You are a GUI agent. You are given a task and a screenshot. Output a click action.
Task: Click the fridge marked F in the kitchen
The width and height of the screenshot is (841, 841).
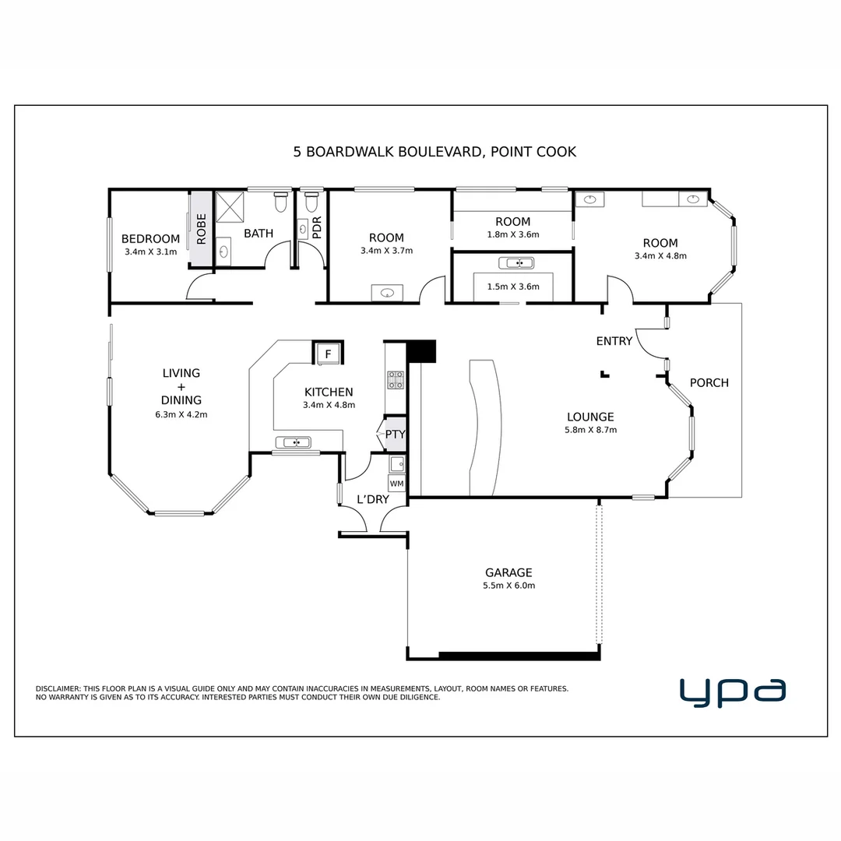point(328,354)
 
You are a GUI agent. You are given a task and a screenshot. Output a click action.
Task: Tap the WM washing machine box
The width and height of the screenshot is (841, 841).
point(396,484)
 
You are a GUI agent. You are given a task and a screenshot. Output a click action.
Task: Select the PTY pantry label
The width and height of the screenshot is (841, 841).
point(396,434)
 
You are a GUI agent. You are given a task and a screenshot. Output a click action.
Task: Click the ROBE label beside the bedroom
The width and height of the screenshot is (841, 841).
point(201,229)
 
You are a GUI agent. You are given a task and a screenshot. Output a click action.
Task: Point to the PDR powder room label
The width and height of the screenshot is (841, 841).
point(316,227)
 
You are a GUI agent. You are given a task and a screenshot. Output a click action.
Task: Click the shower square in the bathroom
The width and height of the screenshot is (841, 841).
point(230,207)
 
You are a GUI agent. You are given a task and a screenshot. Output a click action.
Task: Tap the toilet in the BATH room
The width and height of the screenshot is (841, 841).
point(280,202)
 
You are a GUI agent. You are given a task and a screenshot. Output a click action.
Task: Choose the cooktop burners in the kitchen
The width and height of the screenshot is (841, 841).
point(396,380)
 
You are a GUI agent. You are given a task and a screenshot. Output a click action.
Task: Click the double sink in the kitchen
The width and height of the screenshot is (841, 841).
point(294,442)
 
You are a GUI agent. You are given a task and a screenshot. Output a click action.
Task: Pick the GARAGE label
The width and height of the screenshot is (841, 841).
point(508,572)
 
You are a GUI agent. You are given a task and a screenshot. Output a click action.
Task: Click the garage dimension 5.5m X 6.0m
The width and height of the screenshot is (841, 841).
point(509,586)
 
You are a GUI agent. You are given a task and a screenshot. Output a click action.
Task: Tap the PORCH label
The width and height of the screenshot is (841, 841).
point(709,383)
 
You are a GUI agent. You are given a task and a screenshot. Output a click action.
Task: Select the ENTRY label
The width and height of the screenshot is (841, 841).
point(614,341)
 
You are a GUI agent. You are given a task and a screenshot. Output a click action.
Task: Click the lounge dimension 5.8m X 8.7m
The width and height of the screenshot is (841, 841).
point(590,430)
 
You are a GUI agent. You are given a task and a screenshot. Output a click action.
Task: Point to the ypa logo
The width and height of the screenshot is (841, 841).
point(733,692)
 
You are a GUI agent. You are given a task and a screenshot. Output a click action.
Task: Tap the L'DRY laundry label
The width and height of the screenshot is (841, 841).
point(373,499)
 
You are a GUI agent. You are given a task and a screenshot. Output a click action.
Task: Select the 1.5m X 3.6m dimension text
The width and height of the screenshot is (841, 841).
point(513,287)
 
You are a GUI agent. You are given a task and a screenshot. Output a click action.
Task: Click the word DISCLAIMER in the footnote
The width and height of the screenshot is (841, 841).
point(58,688)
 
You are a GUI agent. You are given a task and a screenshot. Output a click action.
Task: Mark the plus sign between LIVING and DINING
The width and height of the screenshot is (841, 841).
point(181,387)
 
